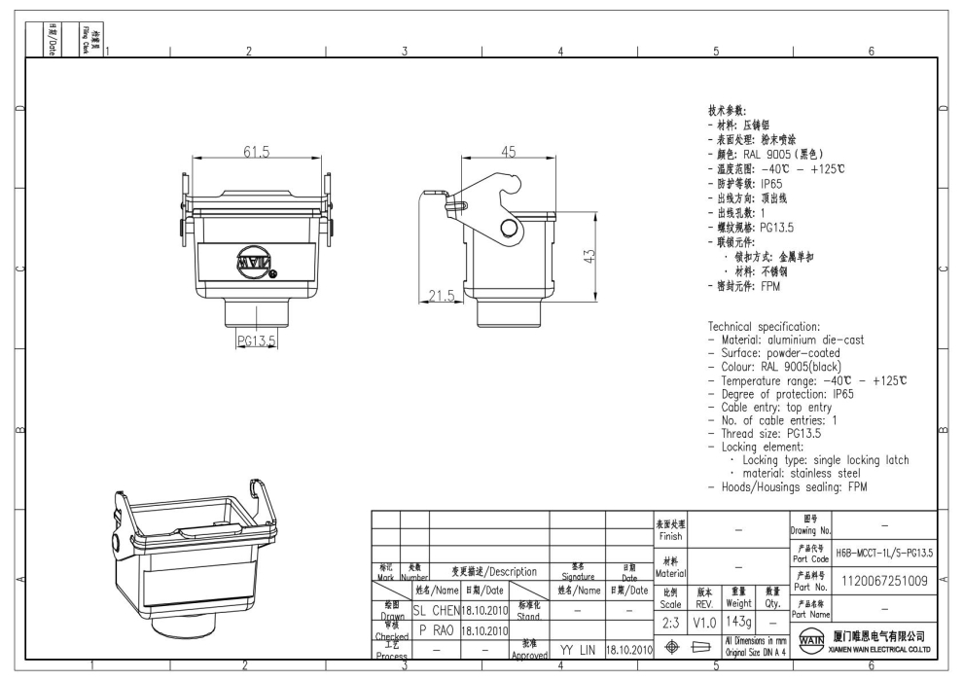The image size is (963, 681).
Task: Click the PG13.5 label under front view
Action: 257,340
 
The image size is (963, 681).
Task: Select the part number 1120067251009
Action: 883,581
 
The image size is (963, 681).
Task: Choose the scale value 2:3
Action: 670,621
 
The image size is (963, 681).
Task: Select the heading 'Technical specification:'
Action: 764,326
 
